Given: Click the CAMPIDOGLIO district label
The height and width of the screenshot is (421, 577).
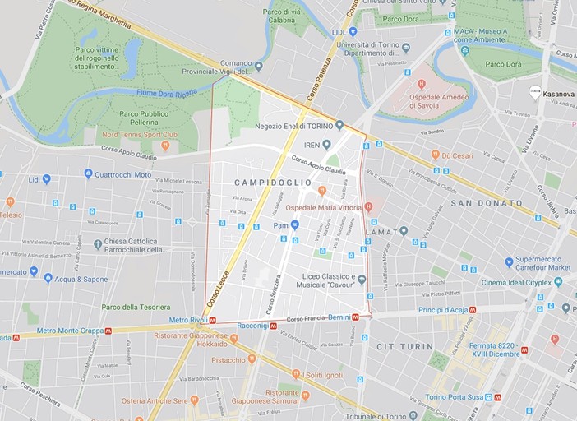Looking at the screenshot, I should (273, 182).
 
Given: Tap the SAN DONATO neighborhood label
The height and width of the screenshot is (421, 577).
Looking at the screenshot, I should (486, 203).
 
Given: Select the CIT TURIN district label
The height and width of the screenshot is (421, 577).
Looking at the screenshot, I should (404, 347).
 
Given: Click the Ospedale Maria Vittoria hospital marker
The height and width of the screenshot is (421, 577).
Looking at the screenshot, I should (369, 207).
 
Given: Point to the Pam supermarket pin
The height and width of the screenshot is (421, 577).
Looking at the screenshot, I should (294, 224).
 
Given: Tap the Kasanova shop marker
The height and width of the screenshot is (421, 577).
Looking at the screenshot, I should (535, 94).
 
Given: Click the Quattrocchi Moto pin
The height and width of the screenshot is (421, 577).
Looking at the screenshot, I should (89, 173).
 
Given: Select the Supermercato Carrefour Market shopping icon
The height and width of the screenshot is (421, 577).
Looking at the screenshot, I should (510, 262).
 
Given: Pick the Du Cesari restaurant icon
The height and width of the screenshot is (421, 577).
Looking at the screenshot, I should (436, 154).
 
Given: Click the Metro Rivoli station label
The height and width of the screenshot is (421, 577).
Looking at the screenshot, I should (190, 320).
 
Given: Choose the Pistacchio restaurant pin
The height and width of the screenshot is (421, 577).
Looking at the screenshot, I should (252, 359).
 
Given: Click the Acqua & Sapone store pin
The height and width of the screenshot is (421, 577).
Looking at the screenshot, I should (48, 279).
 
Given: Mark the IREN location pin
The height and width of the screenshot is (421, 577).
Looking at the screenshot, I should (326, 144).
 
